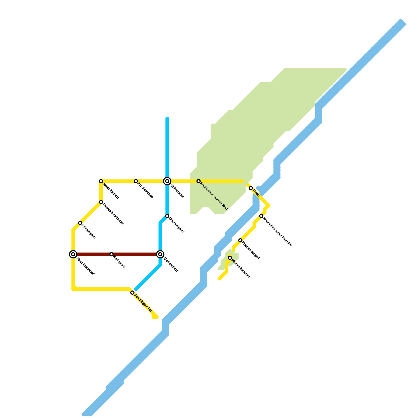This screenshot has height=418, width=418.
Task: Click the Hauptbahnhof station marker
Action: [73, 254]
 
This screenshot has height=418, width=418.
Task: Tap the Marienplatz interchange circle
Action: [160, 254]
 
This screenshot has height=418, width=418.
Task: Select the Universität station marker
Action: [167, 181]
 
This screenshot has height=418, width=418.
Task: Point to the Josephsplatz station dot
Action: [101, 181]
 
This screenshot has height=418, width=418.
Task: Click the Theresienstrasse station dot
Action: [101, 202]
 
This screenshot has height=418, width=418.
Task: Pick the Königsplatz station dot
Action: [80, 223]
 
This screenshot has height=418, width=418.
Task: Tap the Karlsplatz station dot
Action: [112, 254]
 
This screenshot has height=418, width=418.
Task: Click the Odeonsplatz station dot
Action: [167, 216]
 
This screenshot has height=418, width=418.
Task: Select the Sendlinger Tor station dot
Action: [132, 293]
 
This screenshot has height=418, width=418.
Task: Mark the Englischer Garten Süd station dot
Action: [199, 181]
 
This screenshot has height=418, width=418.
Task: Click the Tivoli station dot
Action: [251, 188]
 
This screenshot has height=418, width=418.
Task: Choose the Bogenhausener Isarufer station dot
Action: [261, 216]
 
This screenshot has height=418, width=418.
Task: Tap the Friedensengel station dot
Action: [240, 240]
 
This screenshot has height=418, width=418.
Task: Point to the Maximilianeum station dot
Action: [230, 258]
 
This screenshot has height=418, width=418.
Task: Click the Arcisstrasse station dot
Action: [136, 181]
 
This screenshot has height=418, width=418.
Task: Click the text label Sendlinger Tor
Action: [143, 303]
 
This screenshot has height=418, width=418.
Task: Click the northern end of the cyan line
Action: [167, 118]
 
